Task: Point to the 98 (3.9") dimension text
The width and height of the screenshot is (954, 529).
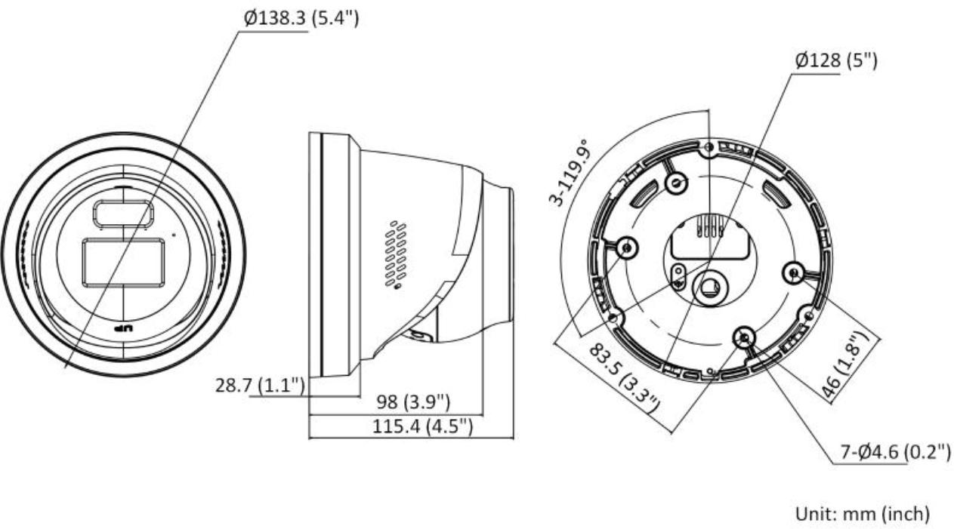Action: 414,400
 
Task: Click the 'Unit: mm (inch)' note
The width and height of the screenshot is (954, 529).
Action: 861,514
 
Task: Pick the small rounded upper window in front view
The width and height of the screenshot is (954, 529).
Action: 122,214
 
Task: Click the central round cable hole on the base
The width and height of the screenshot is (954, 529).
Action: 711,287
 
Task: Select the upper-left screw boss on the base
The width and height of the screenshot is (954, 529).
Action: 675,182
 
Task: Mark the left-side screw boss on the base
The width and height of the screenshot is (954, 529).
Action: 626,247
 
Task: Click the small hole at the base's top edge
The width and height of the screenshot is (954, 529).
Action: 707,147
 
